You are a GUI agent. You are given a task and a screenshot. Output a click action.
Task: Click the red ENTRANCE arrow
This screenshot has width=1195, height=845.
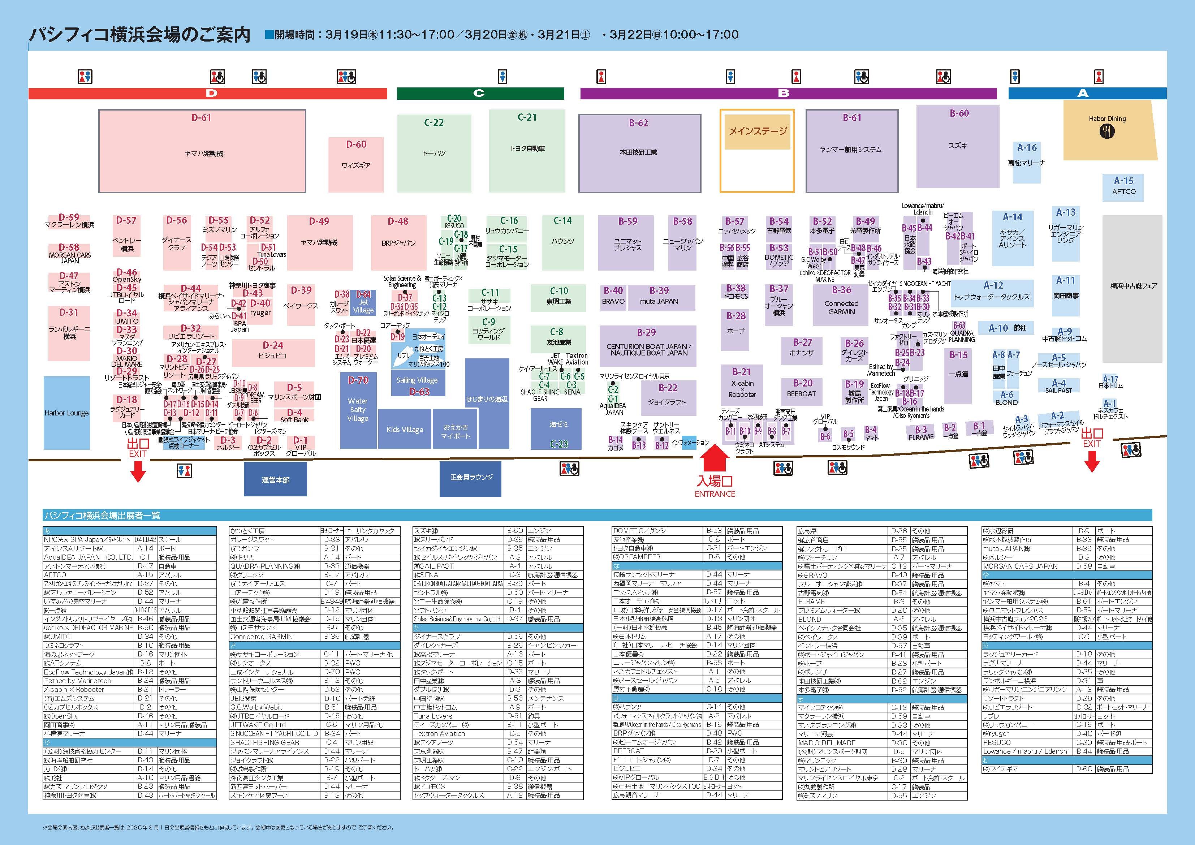[x=715, y=458]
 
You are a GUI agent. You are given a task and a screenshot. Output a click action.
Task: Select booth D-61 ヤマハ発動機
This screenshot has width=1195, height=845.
[x=202, y=151]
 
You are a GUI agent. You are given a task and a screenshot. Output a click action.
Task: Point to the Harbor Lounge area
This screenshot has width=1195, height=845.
[x=66, y=412]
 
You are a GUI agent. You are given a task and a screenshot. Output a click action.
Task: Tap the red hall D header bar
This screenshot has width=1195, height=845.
[x=208, y=94]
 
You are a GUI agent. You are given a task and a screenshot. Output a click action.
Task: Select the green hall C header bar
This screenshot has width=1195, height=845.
[x=480, y=94]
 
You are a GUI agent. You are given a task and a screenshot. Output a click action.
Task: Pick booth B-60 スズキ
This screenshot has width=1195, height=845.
[x=958, y=146]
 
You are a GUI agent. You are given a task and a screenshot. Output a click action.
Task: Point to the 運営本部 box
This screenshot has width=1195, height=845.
[x=275, y=479]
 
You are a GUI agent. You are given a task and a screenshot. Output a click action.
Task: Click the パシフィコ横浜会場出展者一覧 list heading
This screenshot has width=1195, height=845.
[x=102, y=516]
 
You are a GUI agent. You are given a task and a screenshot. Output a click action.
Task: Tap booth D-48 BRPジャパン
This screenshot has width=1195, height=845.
[x=398, y=242]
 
